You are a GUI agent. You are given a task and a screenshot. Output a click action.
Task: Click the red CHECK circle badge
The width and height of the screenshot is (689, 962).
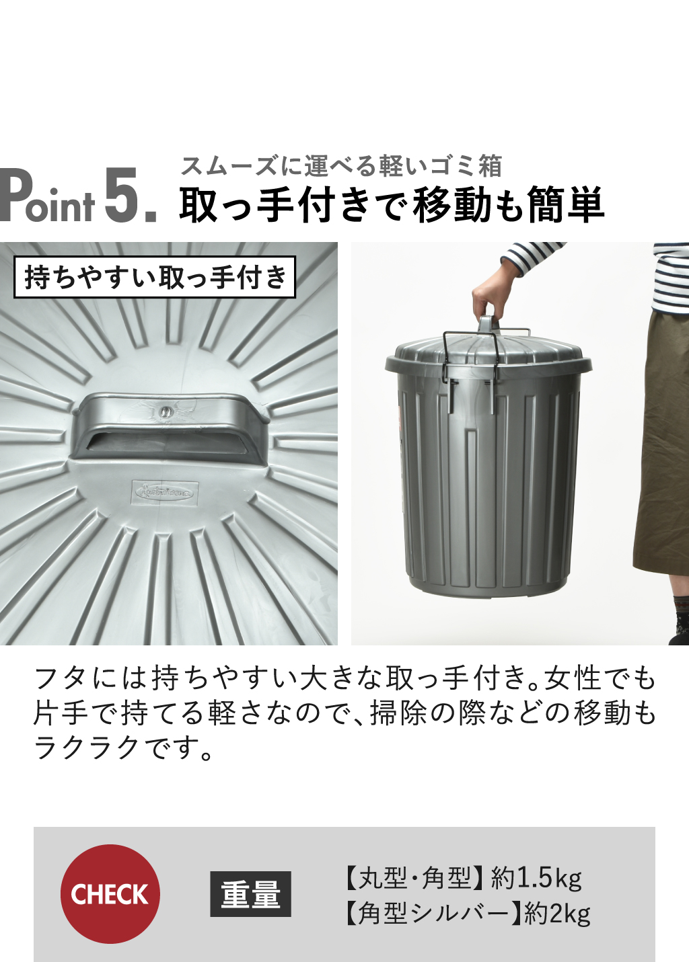(110, 893)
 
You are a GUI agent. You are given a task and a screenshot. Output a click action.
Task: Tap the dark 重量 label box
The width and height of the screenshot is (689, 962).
(250, 893)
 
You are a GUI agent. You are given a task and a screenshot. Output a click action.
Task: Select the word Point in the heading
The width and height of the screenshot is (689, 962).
(46, 196)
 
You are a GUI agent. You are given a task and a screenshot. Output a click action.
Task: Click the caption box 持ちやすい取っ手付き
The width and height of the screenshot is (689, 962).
(155, 277)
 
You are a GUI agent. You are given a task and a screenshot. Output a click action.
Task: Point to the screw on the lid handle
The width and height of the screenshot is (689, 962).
(165, 411)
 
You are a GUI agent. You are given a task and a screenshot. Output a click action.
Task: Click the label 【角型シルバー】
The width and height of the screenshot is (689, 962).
(433, 914)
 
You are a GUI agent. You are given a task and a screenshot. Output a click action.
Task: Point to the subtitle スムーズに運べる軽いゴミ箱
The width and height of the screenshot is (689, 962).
(341, 166)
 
